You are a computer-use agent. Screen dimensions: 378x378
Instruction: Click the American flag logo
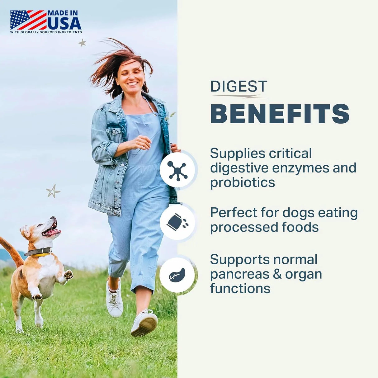click(28, 20)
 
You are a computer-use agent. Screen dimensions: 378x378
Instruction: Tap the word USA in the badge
click(64, 23)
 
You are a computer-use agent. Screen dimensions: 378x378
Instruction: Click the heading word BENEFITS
click(280, 114)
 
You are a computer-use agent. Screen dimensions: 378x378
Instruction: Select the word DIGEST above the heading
click(239, 86)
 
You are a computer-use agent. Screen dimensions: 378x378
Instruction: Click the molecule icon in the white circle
click(177, 170)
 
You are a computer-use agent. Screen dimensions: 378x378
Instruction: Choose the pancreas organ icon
click(177, 275)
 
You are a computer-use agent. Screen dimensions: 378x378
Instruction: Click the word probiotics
click(243, 182)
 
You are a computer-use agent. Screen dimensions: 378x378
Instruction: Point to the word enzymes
click(300, 168)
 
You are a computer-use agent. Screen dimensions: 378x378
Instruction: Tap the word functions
click(240, 288)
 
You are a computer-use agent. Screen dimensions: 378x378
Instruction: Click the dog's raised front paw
click(68, 275)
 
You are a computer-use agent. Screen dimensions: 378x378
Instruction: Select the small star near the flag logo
click(82, 43)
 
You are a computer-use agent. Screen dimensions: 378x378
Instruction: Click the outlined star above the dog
click(53, 191)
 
